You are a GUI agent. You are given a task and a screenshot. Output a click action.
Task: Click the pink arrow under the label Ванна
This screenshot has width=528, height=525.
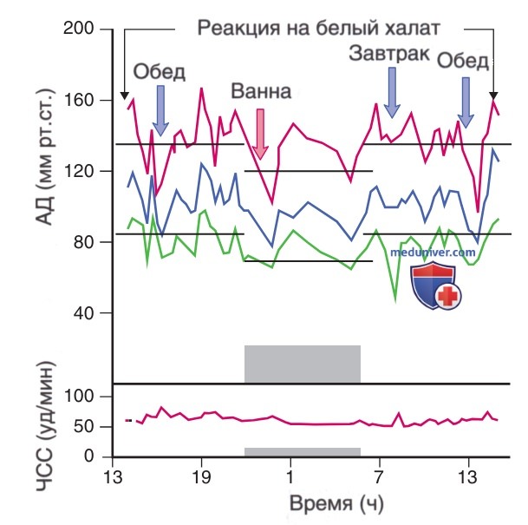pos(260,135)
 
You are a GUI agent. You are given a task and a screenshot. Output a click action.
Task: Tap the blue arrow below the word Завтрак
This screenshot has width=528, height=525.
pos(392,92)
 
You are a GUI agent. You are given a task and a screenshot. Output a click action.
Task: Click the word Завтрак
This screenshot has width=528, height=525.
pos(389,54)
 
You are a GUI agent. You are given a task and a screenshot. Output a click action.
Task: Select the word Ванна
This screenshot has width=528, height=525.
pos(261,91)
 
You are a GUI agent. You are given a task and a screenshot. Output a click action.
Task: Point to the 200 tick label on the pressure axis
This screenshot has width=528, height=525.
pos(78,29)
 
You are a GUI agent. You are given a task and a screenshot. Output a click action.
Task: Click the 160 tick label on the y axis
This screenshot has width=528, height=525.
pos(78,100)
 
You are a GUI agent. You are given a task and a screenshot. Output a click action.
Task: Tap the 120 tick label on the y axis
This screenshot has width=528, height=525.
pos(78,171)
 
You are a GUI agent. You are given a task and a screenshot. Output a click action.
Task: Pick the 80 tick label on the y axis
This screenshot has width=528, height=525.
pos(83,242)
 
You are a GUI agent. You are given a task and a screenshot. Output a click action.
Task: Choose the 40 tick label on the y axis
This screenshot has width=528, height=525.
pos(83,313)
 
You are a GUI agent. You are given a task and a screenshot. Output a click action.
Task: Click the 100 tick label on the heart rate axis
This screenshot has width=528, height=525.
pos(78,396)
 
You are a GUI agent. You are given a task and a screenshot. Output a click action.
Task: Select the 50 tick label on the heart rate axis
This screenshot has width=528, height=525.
pos(83,426)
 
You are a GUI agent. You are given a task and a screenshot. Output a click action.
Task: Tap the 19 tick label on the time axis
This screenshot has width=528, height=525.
pos(201,477)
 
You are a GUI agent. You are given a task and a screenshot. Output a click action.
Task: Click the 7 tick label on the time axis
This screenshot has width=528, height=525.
pos(380,477)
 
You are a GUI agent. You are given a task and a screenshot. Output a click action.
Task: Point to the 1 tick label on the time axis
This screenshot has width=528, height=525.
pos(290,477)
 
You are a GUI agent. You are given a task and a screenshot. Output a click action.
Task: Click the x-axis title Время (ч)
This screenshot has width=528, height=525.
pos(336,504)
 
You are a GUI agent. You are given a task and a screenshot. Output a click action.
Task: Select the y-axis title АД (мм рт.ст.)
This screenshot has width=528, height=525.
pos(44,157)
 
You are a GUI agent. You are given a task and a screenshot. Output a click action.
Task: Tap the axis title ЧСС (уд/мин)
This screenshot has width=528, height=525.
pos(45,427)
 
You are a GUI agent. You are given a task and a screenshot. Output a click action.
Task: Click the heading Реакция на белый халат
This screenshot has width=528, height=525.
pos(318,28)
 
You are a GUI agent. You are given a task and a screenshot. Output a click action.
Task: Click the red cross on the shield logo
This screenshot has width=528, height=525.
pos(448,296)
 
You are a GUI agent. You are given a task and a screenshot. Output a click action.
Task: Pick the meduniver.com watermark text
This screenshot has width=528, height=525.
pos(433,253)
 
